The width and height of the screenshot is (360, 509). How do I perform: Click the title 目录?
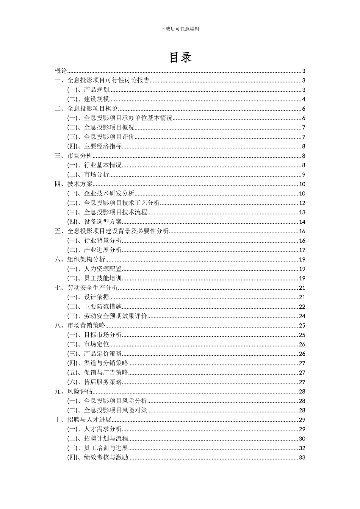(x=180, y=57)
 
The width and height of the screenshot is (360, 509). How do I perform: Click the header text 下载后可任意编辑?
(x=180, y=28)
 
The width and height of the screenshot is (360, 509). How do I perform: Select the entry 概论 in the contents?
(x=61, y=71)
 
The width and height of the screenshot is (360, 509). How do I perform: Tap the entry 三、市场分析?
(x=74, y=156)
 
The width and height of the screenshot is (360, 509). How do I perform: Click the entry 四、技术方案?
(x=74, y=184)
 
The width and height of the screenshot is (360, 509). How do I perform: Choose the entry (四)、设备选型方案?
(x=95, y=222)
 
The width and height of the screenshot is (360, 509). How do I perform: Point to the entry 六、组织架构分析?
(x=80, y=259)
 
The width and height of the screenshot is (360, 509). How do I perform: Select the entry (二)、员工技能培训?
(x=95, y=278)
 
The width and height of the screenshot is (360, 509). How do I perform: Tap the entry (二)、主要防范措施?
(x=95, y=307)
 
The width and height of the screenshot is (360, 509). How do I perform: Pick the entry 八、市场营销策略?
(x=80, y=325)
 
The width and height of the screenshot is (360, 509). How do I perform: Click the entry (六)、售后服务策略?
(x=95, y=382)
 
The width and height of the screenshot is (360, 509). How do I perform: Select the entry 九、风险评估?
(x=74, y=392)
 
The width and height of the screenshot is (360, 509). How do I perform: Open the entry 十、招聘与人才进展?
(x=83, y=420)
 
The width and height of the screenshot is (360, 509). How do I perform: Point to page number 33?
(x=302, y=457)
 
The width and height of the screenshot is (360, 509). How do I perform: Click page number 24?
(x=302, y=316)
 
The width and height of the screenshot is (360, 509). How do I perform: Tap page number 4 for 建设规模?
(x=304, y=99)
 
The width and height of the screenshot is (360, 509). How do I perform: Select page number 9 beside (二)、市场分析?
(x=304, y=175)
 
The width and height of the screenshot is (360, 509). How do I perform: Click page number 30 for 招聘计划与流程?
(x=302, y=439)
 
